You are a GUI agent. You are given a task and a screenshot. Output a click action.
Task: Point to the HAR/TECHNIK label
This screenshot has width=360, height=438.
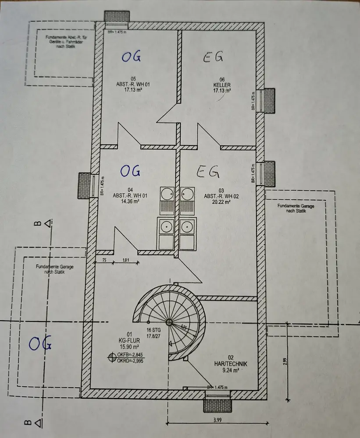[x=231, y=363]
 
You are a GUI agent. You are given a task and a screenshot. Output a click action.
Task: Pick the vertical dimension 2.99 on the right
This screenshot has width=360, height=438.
[x=285, y=361]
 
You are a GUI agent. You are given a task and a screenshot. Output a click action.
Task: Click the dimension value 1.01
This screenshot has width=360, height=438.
[x=126, y=261]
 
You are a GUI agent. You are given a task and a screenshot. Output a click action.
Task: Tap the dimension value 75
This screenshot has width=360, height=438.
[x=104, y=261]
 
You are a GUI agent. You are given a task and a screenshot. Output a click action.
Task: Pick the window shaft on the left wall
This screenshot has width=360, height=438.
[x=85, y=184]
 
